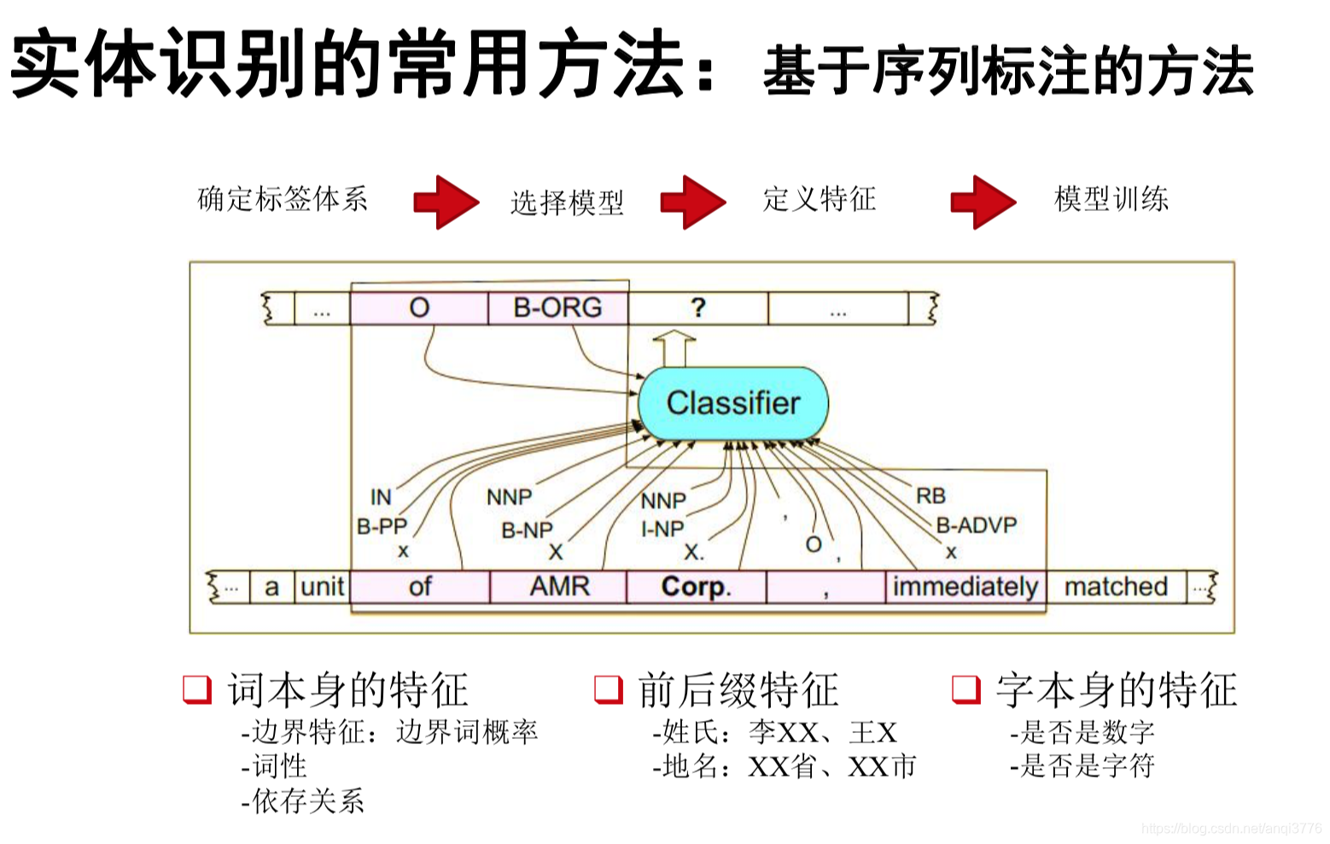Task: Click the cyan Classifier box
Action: click(x=733, y=403)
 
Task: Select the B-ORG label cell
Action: click(x=557, y=308)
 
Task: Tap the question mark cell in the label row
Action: click(x=697, y=308)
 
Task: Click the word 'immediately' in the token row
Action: click(x=965, y=587)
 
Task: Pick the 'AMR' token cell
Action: click(x=559, y=587)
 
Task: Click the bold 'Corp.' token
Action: click(x=696, y=587)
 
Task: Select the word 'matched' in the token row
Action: click(x=1116, y=587)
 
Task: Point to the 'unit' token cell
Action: click(x=323, y=587)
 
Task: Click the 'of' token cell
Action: click(x=420, y=587)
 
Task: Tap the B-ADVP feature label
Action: click(x=977, y=525)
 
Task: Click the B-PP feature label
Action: click(x=382, y=526)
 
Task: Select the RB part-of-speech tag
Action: click(x=930, y=495)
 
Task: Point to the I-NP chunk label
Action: click(x=662, y=530)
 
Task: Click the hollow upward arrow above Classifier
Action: click(x=674, y=349)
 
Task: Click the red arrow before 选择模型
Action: click(x=446, y=202)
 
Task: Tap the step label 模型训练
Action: click(x=1111, y=199)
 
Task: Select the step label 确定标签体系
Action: click(x=283, y=199)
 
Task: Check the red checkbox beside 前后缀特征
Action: click(x=608, y=689)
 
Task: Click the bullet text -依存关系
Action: click(x=303, y=800)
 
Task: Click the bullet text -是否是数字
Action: click(x=1082, y=732)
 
